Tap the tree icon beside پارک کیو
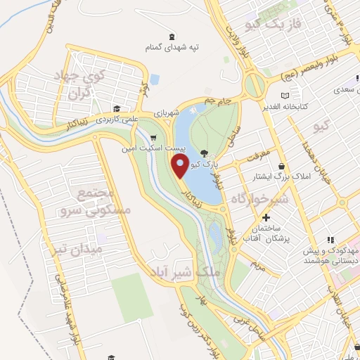click(204, 153)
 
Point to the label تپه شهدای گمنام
click(172, 46)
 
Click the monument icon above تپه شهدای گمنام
click(172, 36)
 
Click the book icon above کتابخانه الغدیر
click(284, 96)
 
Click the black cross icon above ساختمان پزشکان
click(266, 218)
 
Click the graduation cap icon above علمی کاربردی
click(115, 109)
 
